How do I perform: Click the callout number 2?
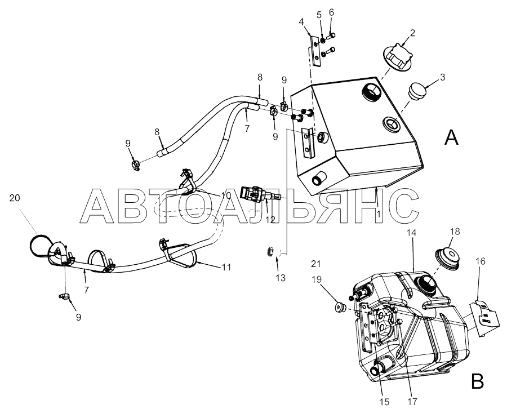click(412, 33)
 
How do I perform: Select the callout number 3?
click(443, 77)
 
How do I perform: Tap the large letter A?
click(451, 137)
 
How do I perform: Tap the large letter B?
click(477, 383)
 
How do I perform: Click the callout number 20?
click(15, 197)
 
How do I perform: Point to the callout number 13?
click(281, 277)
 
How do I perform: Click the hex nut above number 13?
click(270, 252)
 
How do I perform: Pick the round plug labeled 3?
click(417, 91)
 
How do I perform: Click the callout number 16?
click(481, 277)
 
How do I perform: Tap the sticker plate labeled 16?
click(482, 317)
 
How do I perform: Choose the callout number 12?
click(270, 219)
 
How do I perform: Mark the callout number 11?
click(226, 268)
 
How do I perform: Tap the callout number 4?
click(301, 23)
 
